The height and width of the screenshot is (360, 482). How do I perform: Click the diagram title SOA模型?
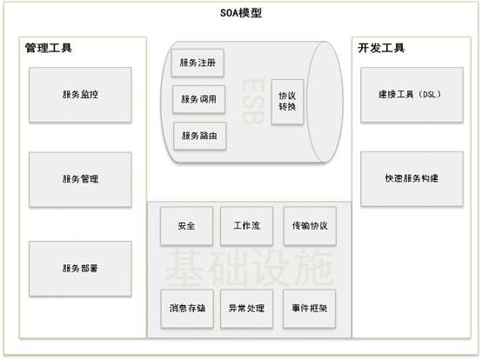[x=241, y=13]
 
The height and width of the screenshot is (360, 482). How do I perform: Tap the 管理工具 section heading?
[x=49, y=48]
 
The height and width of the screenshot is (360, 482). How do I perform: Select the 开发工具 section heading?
[x=381, y=48]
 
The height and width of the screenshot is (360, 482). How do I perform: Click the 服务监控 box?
[x=80, y=95]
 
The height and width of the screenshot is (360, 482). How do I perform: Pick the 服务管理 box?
[x=80, y=180]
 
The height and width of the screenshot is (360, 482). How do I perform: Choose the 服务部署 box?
[x=80, y=269]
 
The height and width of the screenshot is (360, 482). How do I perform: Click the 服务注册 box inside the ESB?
[x=197, y=63]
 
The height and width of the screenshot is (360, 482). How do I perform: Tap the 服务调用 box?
[x=199, y=99]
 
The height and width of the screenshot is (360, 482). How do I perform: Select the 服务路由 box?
[x=200, y=136]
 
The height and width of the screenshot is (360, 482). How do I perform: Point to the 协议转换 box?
[x=287, y=102]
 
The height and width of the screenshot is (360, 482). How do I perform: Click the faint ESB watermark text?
[x=253, y=102]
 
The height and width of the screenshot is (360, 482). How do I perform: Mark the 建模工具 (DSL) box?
[x=412, y=95]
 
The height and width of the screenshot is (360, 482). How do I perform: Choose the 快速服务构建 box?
[x=412, y=179]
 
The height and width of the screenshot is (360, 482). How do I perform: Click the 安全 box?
[x=186, y=226]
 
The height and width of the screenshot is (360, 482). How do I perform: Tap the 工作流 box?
[x=246, y=226]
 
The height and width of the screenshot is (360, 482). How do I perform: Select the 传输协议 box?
[x=310, y=226]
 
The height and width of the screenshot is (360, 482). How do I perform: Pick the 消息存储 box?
[x=187, y=309]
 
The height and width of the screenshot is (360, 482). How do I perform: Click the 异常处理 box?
[x=246, y=309]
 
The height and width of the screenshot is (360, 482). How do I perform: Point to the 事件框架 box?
[x=309, y=309]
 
